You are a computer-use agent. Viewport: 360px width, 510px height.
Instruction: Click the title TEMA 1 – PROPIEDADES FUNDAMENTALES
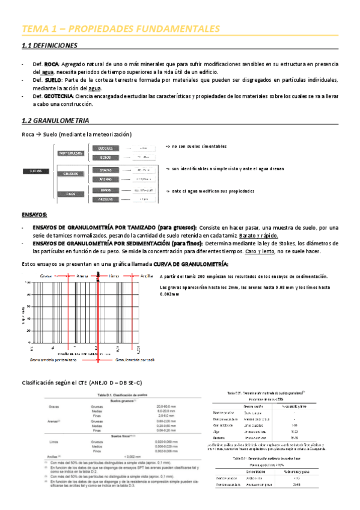pos(120,29)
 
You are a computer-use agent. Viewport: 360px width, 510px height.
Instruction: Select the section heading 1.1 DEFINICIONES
pos(50,46)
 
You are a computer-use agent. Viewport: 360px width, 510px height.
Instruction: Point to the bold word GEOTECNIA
pos(58,96)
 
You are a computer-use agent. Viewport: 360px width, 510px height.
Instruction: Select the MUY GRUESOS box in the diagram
pos(70,153)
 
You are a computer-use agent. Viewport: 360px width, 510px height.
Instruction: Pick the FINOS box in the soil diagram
pos(70,194)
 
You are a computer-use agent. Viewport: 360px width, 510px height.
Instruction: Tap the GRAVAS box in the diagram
pos(105,169)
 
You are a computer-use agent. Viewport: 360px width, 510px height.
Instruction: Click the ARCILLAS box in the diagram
pos(105,198)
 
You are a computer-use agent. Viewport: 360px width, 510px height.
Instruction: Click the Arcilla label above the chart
pos(145,275)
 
